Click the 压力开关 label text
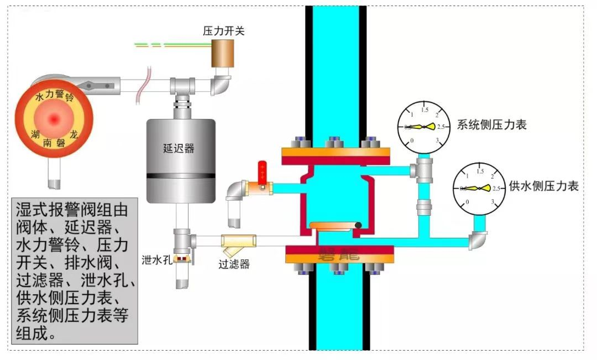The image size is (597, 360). tap(223, 31)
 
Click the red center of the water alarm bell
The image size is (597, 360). tap(54, 118)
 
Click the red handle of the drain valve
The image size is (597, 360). tap(262, 169)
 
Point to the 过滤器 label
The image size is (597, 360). tap(234, 264)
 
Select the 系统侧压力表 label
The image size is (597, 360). tap(491, 124)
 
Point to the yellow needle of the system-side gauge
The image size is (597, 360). tap(429, 127)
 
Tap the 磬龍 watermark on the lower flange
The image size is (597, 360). tap(338, 255)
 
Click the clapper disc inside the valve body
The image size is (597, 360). tap(334, 225)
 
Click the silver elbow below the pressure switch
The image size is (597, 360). tap(222, 85)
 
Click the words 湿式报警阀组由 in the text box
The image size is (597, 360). tap(72, 211)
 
